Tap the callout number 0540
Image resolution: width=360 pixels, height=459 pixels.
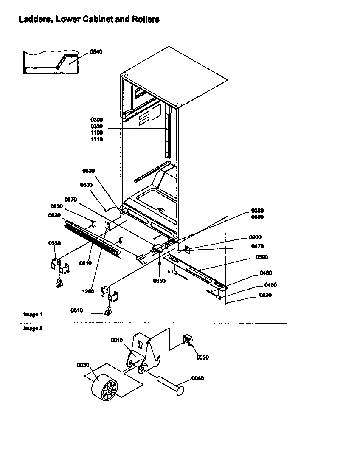coord(96,52)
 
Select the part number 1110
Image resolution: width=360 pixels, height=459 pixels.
coord(96,139)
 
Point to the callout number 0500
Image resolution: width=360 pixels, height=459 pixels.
coord(86,185)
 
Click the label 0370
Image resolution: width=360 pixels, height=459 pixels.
coord(70,200)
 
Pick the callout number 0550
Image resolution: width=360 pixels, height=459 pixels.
coord(54,243)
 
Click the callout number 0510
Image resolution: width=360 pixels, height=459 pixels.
coord(77,310)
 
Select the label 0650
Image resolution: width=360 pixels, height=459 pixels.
coord(160,280)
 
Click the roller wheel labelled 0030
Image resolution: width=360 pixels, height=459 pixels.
coord(104,387)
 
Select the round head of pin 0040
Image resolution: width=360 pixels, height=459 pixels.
coord(181,389)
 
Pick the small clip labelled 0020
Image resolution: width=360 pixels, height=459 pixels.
coord(187,340)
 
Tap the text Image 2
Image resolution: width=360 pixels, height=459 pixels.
coord(33,328)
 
